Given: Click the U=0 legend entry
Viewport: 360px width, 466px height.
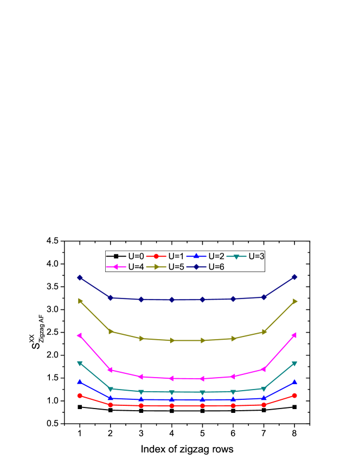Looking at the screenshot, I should click(x=136, y=256).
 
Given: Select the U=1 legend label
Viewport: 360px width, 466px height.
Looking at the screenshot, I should click(x=176, y=256).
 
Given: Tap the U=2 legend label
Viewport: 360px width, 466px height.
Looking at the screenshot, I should click(x=216, y=256).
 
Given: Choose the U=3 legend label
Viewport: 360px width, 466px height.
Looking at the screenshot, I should click(x=256, y=256).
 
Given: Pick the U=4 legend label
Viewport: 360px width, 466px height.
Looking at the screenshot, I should click(x=136, y=267).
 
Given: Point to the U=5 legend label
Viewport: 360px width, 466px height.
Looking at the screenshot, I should click(x=176, y=267).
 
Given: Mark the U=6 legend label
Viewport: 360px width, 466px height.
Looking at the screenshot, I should click(x=216, y=267).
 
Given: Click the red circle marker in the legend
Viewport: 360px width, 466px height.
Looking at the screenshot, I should click(x=156, y=256).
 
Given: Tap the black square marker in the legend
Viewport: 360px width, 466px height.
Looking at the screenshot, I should click(x=116, y=256).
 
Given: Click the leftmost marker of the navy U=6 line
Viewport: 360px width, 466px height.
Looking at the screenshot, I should click(x=80, y=277).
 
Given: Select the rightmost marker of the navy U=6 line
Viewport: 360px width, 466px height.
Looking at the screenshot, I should click(x=294, y=277).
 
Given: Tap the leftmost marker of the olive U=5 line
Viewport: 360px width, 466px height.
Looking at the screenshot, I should click(x=80, y=301).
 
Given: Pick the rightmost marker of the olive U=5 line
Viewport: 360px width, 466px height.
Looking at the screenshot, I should click(x=295, y=301).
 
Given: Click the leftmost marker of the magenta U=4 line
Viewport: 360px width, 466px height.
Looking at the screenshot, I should click(x=80, y=335).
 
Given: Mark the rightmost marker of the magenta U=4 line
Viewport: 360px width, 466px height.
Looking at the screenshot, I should click(x=294, y=335).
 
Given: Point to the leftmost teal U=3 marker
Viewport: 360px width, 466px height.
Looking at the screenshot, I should click(x=80, y=363).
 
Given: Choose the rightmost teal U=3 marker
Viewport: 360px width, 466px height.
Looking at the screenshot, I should click(x=294, y=363).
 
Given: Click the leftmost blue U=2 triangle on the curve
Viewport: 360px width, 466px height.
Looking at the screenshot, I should click(x=80, y=382).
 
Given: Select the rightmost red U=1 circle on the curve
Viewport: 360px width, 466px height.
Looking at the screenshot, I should click(x=294, y=396).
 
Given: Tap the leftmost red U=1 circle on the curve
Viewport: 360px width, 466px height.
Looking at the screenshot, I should click(x=80, y=396).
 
